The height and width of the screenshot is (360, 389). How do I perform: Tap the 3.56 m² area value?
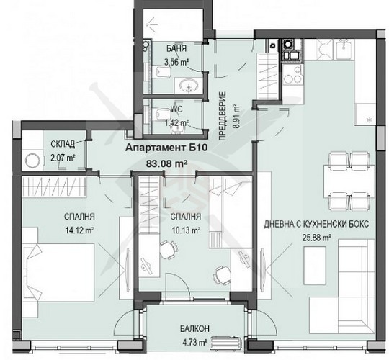(x=176, y=62)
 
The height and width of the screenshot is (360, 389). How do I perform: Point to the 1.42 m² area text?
(x=176, y=123)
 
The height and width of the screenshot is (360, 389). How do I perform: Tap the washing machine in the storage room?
(x=31, y=160)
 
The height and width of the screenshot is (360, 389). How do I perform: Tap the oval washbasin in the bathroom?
(x=191, y=86)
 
